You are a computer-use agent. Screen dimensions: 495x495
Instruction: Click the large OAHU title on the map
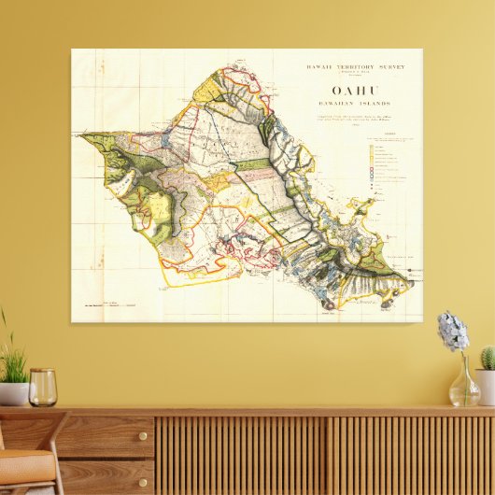(349, 91)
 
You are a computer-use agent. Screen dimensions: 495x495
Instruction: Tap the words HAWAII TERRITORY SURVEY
(348, 66)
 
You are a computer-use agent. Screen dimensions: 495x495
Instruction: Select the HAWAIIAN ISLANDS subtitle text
(349, 104)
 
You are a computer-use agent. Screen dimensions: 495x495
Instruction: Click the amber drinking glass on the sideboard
(42, 387)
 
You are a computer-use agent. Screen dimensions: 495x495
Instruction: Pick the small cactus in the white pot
(487, 359)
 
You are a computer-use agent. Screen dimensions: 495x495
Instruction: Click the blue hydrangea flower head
(453, 332)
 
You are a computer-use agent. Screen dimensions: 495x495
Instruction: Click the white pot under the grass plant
(12, 393)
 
